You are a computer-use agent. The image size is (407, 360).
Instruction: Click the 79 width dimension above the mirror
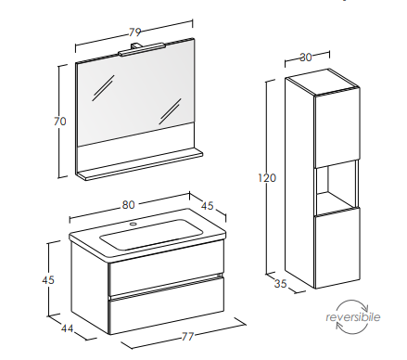135,32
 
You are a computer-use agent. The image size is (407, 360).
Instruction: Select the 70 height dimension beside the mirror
60,121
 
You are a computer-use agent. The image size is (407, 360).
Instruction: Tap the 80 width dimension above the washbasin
128,205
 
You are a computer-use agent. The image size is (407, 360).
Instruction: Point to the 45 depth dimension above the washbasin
208,206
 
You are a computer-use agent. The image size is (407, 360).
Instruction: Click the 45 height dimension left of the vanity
48,280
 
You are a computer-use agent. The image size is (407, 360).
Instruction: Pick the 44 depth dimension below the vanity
67,328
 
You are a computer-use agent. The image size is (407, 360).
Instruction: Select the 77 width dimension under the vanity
187,336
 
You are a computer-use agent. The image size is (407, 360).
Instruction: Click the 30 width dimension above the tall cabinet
306,58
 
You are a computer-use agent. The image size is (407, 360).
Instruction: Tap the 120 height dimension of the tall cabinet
267,178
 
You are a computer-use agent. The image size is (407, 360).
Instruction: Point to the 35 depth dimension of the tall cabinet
280,284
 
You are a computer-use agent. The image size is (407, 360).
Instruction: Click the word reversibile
352,317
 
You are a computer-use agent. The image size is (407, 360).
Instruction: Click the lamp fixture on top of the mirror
142,49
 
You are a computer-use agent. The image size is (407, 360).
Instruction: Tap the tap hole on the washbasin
134,224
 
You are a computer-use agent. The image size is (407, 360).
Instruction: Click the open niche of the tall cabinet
336,187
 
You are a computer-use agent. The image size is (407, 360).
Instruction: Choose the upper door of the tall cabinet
337,128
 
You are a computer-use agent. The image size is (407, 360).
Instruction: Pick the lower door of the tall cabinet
337,248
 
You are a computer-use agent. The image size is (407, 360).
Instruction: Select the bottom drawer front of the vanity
166,305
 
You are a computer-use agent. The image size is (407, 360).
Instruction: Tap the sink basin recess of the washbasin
151,234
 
